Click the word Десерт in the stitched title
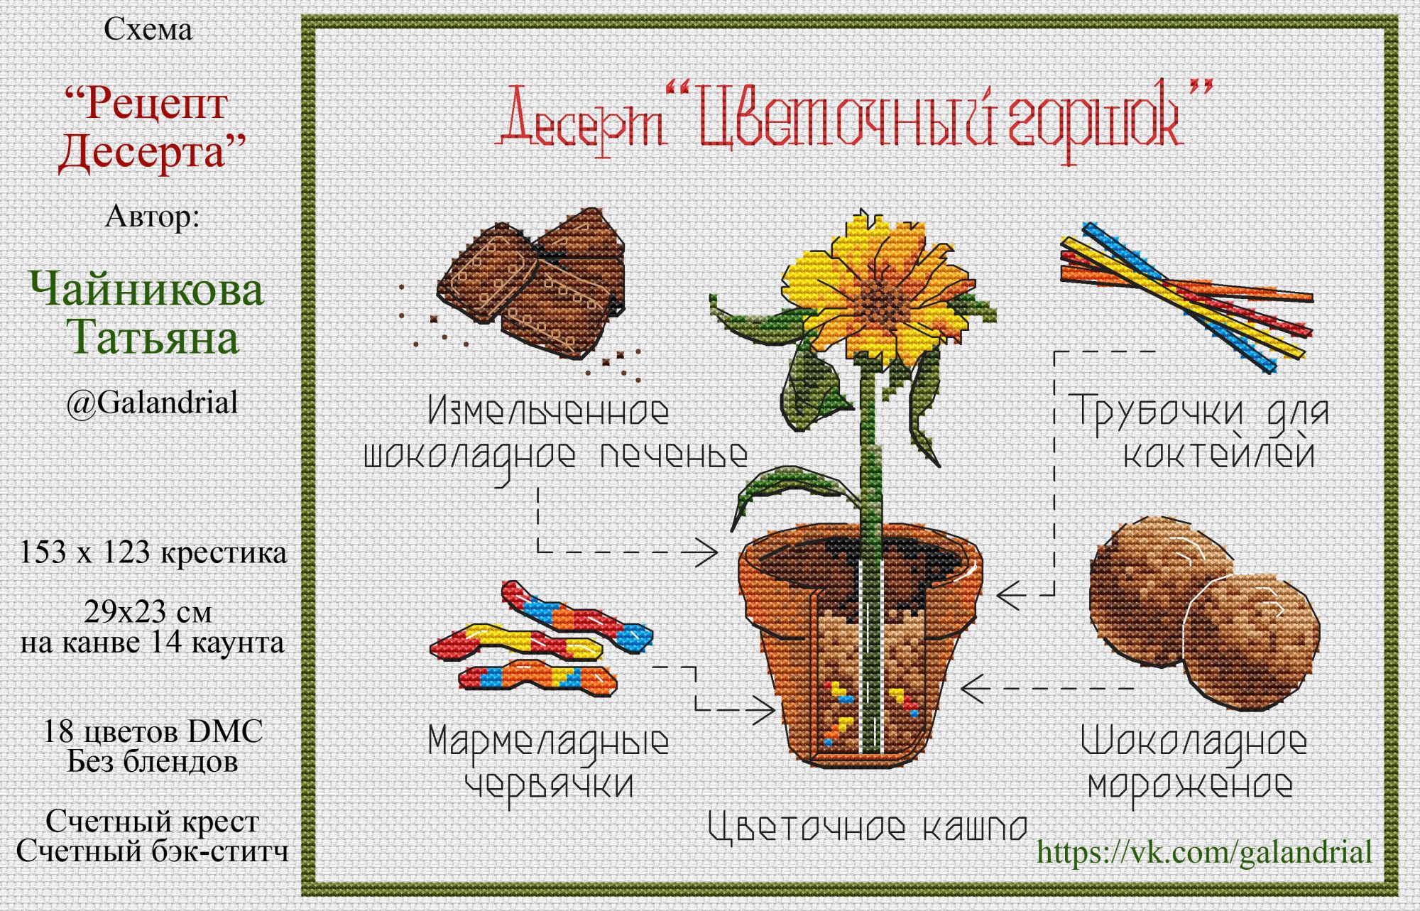pos(582,121)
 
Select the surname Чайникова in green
pos(146,290)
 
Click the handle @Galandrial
pos(152,403)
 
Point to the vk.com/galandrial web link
pos(1204,851)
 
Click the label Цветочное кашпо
pos(868,827)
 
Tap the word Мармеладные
pos(548,742)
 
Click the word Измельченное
pos(548,411)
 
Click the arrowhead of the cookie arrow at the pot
pos(706,552)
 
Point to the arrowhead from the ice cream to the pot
pos(973,688)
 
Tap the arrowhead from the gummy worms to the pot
pos(763,708)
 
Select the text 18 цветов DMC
pos(153,731)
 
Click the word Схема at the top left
pos(148,30)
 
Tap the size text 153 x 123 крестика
pos(153,552)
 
